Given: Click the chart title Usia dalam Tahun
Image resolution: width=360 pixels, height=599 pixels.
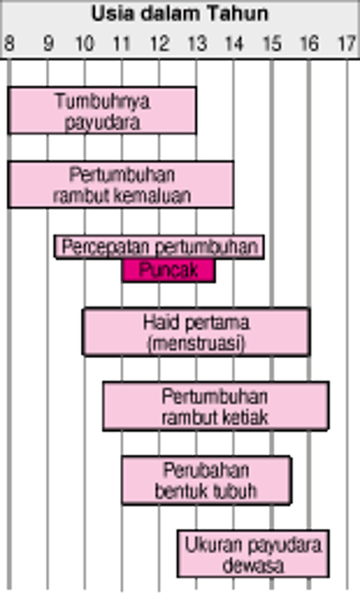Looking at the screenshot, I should [x=180, y=14].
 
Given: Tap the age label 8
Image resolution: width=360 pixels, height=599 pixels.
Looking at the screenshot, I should [x=8, y=43].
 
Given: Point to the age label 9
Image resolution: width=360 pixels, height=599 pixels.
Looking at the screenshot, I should [x=47, y=43].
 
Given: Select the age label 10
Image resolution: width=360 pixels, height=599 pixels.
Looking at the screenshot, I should [x=84, y=43].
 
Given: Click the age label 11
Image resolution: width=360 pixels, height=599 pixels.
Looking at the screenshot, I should [x=122, y=43].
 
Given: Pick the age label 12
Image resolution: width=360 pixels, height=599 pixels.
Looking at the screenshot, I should [x=159, y=43].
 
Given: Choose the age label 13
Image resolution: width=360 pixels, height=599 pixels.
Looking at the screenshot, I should [x=196, y=43].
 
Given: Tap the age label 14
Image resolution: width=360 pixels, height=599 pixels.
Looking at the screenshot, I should [x=233, y=43].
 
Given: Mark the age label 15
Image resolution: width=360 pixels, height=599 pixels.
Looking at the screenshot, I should [x=272, y=43].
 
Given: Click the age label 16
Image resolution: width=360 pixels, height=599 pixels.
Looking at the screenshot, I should [x=309, y=43].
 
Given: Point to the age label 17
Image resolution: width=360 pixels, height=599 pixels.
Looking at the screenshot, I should [x=346, y=43].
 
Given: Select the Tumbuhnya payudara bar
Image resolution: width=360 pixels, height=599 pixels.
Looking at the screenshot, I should [x=103, y=111].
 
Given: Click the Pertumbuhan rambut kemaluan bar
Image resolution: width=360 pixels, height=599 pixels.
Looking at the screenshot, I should [x=122, y=185].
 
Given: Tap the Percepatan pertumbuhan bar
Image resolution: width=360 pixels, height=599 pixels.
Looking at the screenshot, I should [x=159, y=247].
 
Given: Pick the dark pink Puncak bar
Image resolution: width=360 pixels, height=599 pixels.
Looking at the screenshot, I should [x=169, y=271].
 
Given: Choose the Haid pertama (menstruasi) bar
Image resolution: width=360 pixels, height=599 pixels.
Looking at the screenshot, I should [x=197, y=333].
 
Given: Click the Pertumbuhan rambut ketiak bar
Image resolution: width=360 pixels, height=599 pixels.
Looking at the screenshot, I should [x=216, y=406].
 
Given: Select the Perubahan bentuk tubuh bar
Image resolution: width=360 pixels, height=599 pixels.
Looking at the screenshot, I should [x=206, y=479].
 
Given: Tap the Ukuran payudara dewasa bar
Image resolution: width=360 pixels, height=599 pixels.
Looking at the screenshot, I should [x=253, y=553].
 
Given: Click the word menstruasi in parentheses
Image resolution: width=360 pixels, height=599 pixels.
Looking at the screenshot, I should [x=197, y=344].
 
